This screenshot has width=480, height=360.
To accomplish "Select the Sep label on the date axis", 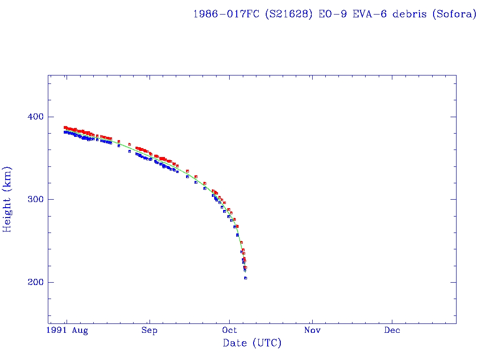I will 150,331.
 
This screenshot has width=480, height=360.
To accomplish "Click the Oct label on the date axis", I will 230,330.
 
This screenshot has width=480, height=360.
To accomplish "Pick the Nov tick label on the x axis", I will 312,330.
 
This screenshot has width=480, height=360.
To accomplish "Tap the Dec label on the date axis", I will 392,330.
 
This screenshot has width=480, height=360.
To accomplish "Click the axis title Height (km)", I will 7,199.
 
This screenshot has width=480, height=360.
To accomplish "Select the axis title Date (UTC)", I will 252,344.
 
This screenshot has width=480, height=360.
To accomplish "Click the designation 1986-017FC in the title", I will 226,14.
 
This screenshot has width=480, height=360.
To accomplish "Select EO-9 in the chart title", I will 330,14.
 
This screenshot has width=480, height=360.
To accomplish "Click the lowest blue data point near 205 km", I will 245,278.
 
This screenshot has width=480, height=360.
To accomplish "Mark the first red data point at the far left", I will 65,127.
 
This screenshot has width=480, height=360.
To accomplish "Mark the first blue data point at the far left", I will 65,132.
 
